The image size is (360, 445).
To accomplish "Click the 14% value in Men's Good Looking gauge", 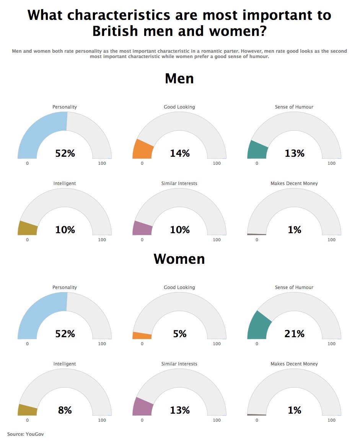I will (x=179, y=153).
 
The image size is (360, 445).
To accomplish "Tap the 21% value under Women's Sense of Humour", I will (x=294, y=334).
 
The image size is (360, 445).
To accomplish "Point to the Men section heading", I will (x=179, y=78).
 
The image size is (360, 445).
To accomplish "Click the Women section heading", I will (x=179, y=259).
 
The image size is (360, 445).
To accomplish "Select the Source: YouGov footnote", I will (x=23, y=434).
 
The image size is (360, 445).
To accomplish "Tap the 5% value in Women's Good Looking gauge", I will (x=179, y=334).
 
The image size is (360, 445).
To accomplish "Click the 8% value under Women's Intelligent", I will (x=65, y=410).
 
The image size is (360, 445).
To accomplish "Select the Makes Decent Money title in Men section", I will (x=294, y=184).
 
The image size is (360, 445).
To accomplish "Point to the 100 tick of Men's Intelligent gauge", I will (x=102, y=240).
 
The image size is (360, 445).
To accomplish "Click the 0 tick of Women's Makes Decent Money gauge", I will (x=257, y=420).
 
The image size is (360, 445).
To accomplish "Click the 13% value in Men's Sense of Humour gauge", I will (x=294, y=153).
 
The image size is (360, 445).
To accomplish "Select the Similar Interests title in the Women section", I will (x=179, y=364).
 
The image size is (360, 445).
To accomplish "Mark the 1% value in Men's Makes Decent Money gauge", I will (x=294, y=230).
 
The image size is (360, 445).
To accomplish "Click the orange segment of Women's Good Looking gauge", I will (x=142, y=336).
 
